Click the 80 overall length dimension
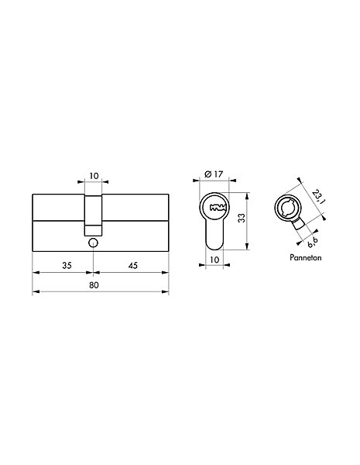(94, 285)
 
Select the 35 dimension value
(67, 265)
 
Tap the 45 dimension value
(133, 265)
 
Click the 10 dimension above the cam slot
(94, 176)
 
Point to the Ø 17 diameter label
(214, 174)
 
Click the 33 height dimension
(242, 218)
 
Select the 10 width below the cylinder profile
(214, 260)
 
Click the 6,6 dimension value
(312, 242)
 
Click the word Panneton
(306, 257)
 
